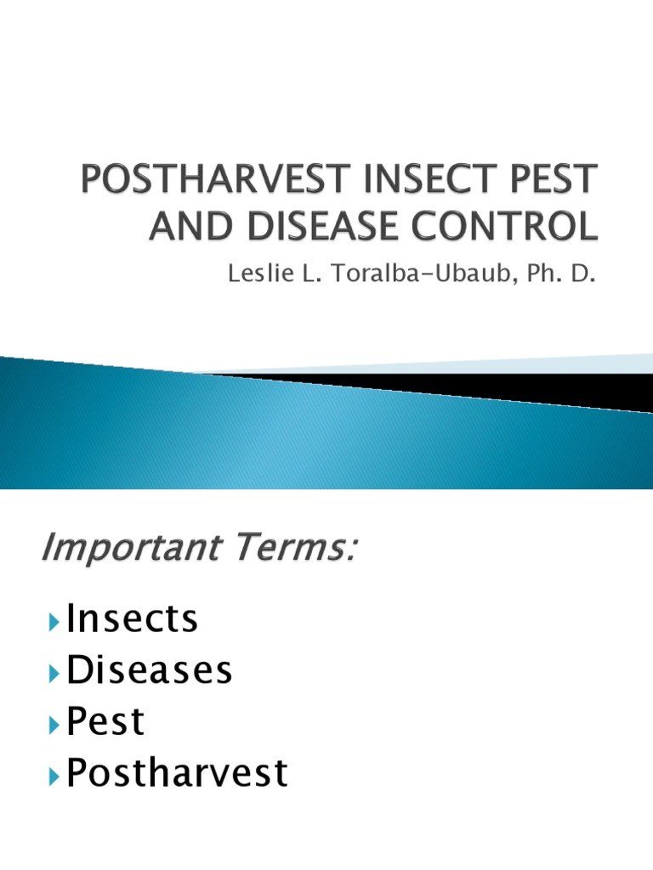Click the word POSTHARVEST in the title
click(x=217, y=178)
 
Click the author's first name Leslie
click(x=260, y=273)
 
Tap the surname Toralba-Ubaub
click(x=420, y=273)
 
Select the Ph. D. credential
click(x=561, y=273)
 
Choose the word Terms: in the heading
click(x=295, y=547)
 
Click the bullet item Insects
click(x=132, y=618)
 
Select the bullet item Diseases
click(x=149, y=669)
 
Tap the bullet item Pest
click(x=105, y=720)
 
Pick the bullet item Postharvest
click(x=177, y=772)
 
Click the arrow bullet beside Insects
click(x=54, y=622)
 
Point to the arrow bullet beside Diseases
click(x=54, y=674)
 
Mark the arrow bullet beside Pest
click(x=54, y=726)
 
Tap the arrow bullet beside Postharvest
click(x=54, y=777)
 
